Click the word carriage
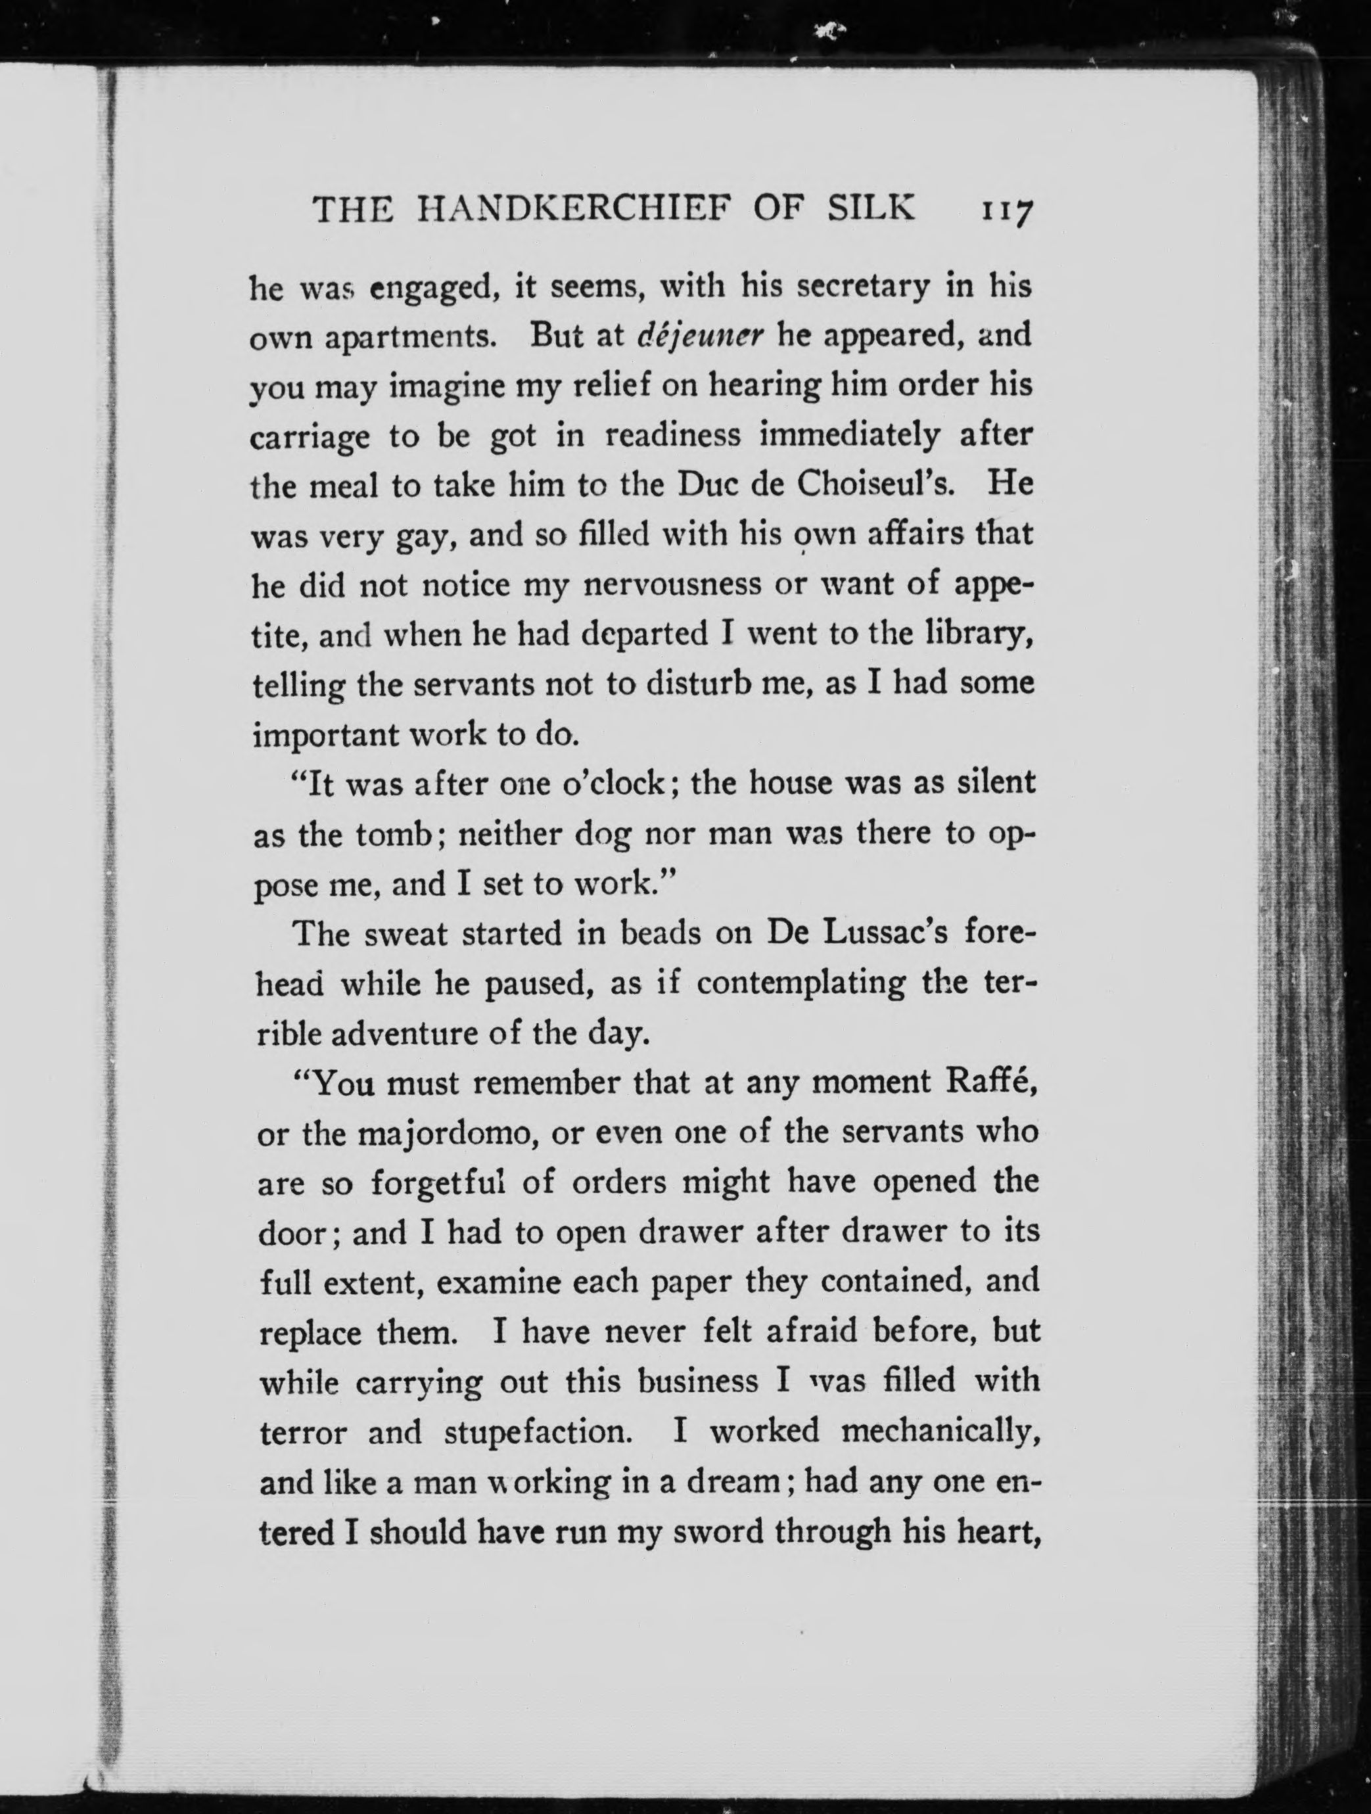tap(309, 436)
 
